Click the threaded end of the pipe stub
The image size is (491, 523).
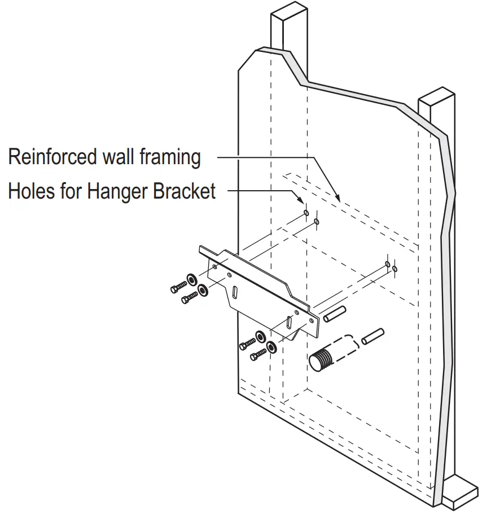click(320, 359)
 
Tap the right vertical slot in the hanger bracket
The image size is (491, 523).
click(290, 321)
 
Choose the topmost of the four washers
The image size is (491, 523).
click(191, 278)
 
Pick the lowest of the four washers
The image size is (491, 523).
click(271, 346)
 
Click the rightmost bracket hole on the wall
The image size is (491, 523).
click(395, 268)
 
